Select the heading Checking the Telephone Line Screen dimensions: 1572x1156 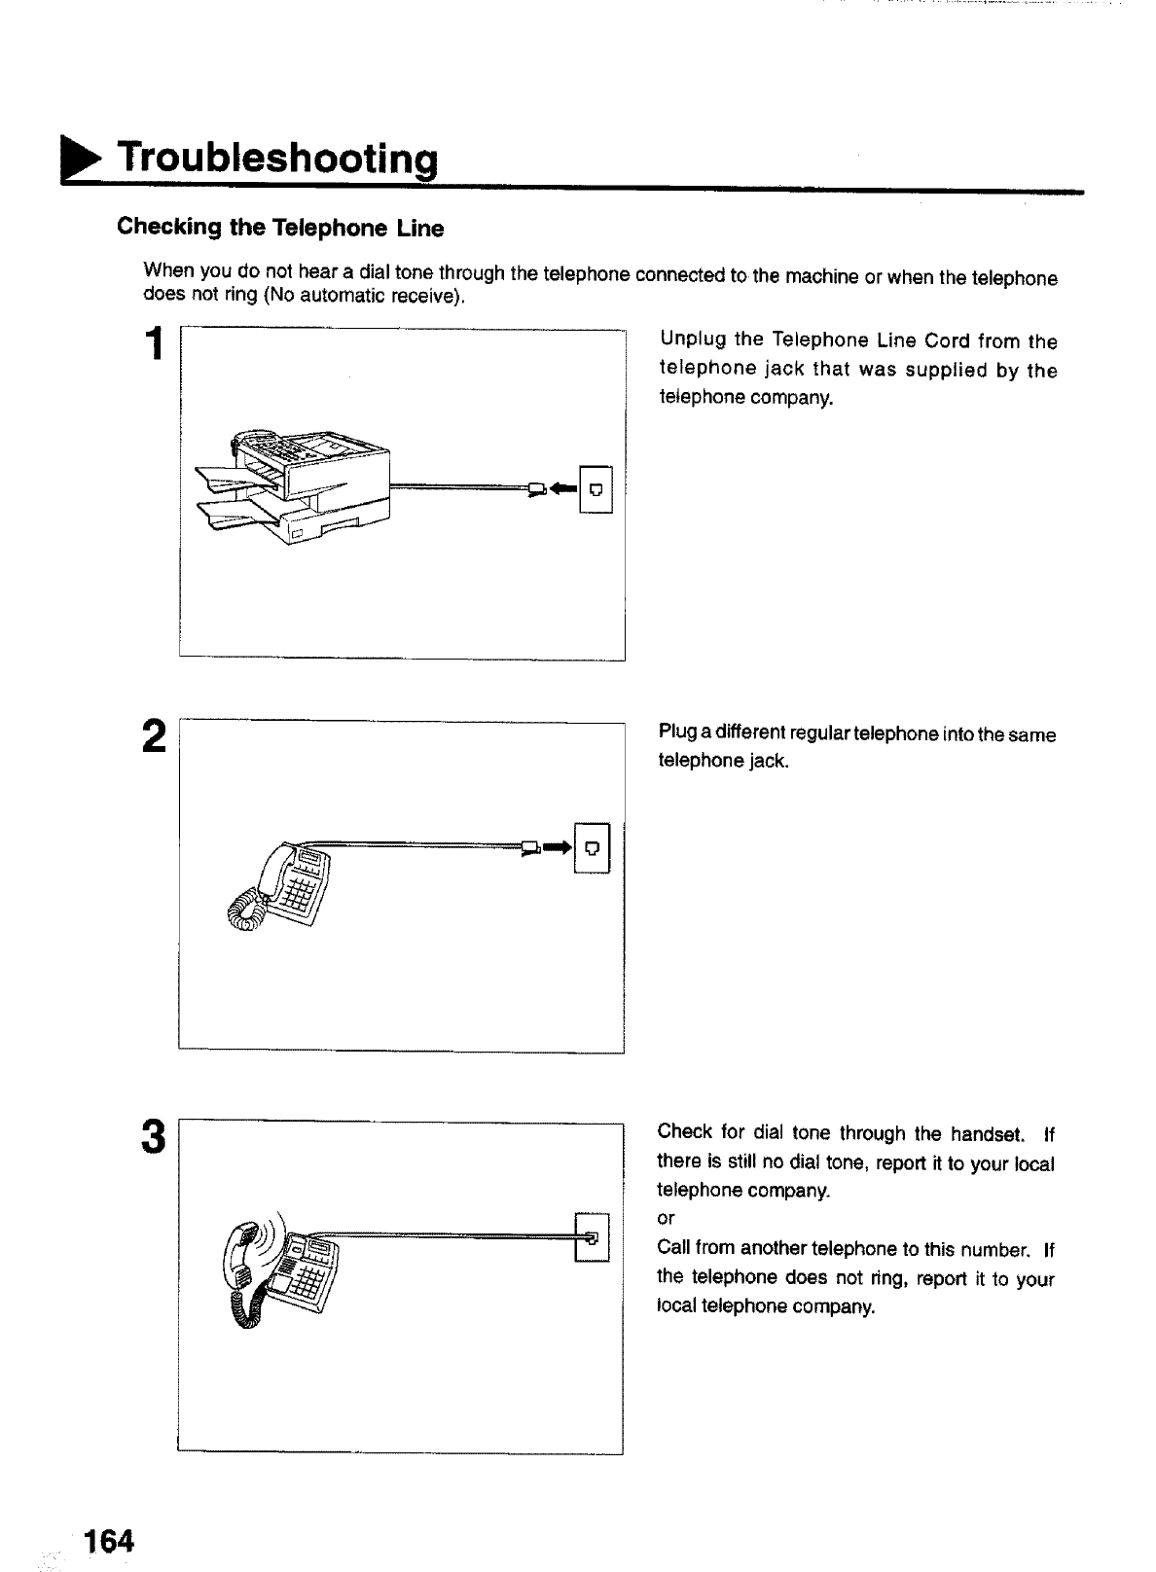click(280, 229)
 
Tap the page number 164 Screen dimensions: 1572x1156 click(108, 1542)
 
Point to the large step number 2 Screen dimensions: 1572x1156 click(154, 739)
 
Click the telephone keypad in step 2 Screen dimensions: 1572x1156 click(298, 890)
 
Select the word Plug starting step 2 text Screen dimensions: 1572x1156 click(677, 733)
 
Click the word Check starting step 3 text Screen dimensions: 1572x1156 click(685, 1132)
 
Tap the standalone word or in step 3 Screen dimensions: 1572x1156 click(666, 1219)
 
